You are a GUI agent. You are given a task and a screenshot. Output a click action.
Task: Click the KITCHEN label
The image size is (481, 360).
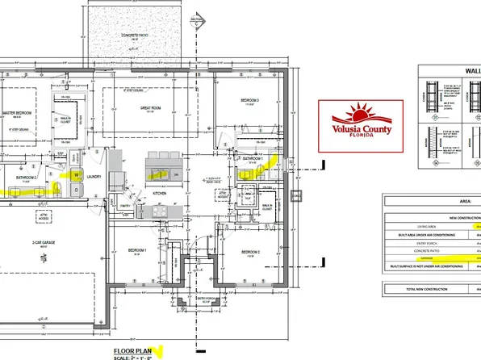(x=158, y=193)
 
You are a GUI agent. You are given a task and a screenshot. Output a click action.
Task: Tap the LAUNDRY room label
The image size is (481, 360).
(x=94, y=175)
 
